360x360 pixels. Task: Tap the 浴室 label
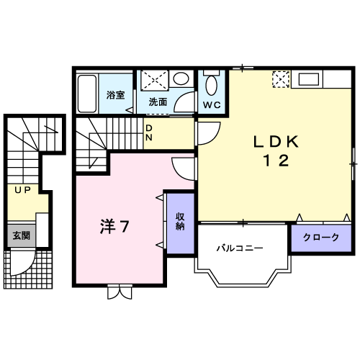point(115,94)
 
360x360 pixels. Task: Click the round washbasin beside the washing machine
point(182,80)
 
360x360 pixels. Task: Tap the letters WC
point(212,104)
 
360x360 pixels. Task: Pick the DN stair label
point(149,132)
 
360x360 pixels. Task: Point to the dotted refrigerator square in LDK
point(279,78)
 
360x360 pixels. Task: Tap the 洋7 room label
point(114,228)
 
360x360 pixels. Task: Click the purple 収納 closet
point(179,222)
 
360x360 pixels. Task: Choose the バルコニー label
point(240,248)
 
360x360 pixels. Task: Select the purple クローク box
point(320,238)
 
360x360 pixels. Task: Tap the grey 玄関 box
point(20,235)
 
